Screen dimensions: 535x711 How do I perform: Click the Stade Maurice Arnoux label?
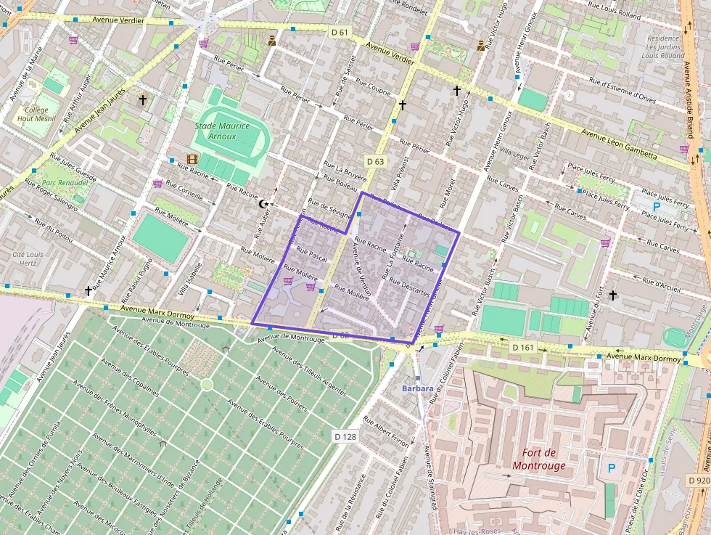click(222, 131)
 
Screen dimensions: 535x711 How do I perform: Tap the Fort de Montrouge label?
click(538, 459)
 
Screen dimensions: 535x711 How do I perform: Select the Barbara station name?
click(418, 388)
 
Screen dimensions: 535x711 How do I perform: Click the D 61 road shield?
click(340, 32)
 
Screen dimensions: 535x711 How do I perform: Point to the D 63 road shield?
click(375, 161)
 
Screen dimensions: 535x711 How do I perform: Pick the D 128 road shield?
click(345, 436)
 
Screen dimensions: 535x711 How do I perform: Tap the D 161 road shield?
click(522, 348)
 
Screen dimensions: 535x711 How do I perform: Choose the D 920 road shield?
click(697, 480)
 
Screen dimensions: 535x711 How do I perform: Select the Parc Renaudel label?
click(65, 183)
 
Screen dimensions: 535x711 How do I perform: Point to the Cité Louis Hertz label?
click(28, 259)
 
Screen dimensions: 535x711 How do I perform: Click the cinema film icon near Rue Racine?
click(192, 159)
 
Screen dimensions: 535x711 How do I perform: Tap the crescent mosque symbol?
click(263, 205)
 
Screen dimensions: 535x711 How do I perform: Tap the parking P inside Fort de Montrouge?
click(611, 469)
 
